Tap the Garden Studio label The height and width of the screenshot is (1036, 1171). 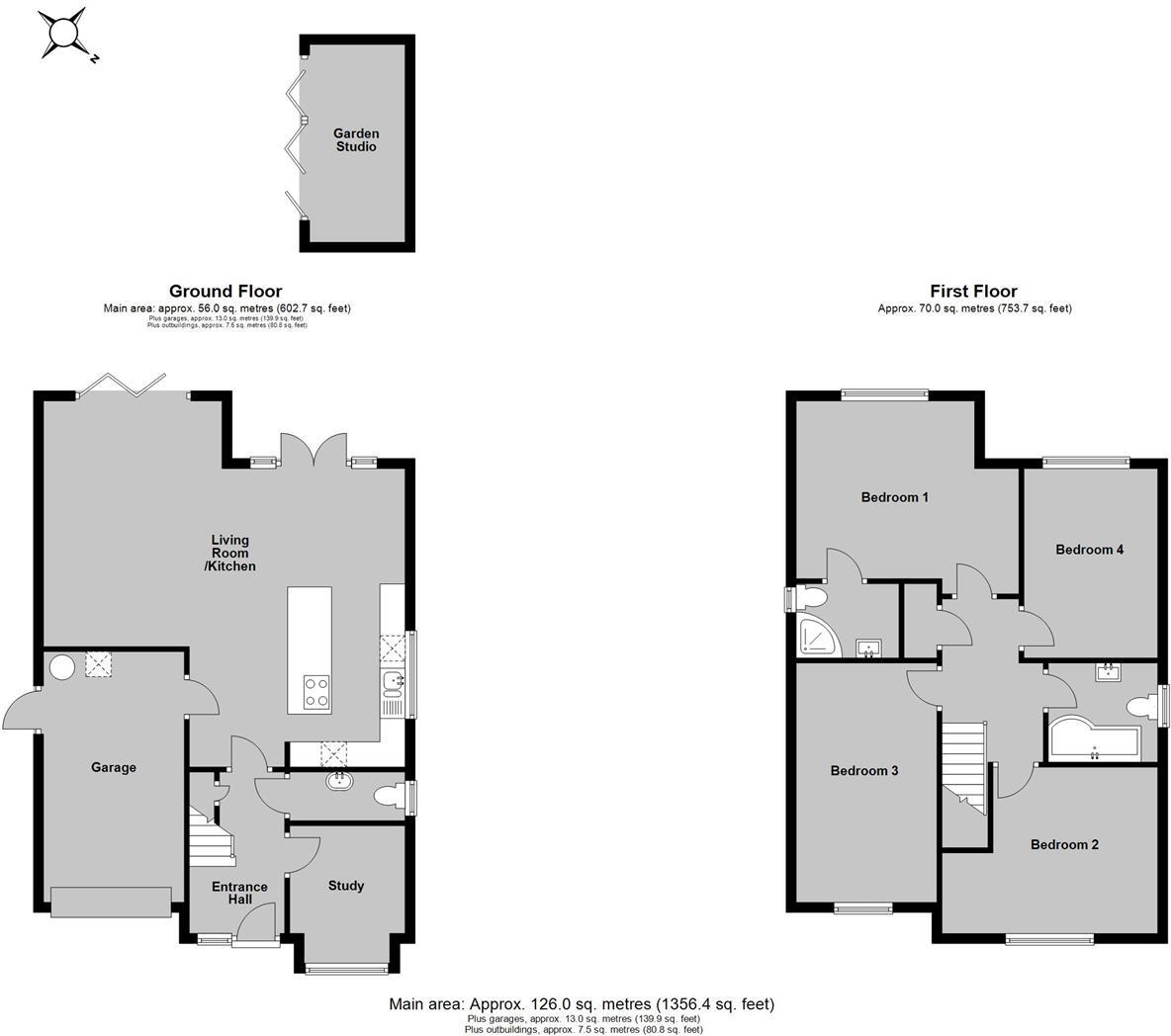[355, 139]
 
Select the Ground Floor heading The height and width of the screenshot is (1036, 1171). [225, 291]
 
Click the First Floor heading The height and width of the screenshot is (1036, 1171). [973, 291]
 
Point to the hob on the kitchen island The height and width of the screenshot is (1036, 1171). [315, 691]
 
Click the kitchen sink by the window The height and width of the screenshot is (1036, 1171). [393, 681]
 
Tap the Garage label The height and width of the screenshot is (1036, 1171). [114, 767]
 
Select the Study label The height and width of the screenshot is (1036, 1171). [346, 886]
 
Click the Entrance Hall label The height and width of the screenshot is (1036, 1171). [239, 893]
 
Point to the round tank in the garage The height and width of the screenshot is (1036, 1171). [62, 668]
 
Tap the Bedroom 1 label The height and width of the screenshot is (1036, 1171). [894, 497]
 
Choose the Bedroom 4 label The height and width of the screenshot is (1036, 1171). [1089, 550]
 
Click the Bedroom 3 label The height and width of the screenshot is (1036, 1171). [863, 771]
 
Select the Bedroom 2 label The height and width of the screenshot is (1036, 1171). [1064, 844]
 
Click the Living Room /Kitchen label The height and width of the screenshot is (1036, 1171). [229, 554]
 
